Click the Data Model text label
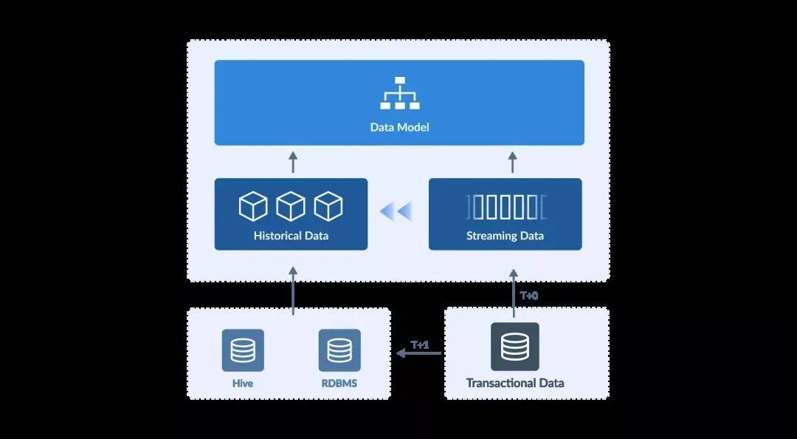[399, 127]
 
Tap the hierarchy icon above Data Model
[399, 93]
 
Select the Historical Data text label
[291, 236]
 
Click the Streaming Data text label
[505, 236]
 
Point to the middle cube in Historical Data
[291, 206]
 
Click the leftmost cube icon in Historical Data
[253, 206]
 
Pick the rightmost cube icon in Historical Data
[328, 206]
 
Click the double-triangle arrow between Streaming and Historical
[396, 212]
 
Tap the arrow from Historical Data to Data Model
[293, 162]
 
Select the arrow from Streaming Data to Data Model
[513, 162]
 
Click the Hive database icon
[243, 350]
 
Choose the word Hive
[243, 384]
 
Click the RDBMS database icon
[339, 350]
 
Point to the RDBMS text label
[339, 384]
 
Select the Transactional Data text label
[515, 383]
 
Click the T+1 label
[420, 344]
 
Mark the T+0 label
[529, 295]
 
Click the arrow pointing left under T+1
[418, 354]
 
